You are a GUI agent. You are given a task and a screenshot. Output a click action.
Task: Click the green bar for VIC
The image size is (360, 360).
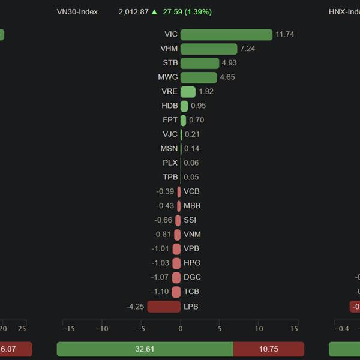coord(226,35)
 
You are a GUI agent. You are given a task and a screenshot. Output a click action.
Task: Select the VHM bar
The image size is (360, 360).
coord(209,49)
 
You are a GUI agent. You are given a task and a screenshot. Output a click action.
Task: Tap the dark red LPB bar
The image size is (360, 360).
coord(164,307)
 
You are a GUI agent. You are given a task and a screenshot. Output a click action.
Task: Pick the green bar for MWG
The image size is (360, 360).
coord(199,77)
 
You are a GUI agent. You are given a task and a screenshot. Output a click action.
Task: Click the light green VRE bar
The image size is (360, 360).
coord(188,92)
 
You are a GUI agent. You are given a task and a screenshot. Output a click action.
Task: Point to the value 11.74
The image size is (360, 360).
coord(285,35)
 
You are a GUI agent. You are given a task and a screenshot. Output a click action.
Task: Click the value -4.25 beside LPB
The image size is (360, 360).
coord(135,307)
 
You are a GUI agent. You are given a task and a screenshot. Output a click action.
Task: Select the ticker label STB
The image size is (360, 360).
coord(170,63)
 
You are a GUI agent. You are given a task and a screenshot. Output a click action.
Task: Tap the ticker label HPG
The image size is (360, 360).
coord(192,263)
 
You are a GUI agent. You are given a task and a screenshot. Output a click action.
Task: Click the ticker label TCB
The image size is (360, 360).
coord(192,292)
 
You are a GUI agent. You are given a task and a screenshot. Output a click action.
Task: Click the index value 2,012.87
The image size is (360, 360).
coord(133,12)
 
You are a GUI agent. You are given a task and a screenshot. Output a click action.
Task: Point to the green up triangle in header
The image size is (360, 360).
coord(155,11)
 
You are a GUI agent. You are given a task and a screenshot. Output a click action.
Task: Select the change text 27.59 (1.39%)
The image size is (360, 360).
coord(187,12)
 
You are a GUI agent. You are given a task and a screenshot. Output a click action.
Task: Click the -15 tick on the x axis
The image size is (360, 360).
coord(68,329)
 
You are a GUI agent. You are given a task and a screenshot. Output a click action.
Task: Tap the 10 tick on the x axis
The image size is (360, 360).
coord(259,329)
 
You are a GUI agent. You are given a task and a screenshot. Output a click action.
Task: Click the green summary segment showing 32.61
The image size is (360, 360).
coord(145,349)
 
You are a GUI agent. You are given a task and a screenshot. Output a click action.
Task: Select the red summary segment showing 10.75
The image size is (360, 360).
coord(268,349)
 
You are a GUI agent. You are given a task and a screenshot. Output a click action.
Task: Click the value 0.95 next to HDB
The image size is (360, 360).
coord(199,106)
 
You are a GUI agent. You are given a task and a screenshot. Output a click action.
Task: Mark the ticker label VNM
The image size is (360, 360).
coord(193,235)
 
